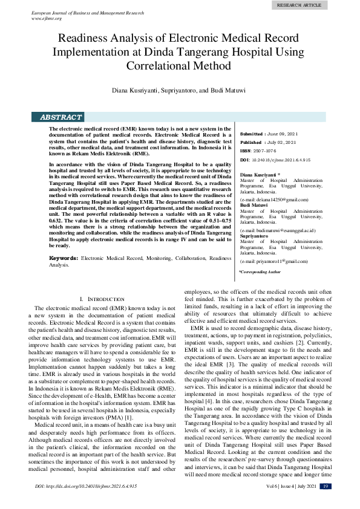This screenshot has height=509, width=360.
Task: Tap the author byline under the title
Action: tap(179, 90)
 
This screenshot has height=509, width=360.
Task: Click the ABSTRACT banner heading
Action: tap(61, 117)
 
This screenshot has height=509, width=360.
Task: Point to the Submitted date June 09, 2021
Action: tap(283, 134)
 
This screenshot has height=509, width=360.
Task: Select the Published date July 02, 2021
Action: tap(282, 142)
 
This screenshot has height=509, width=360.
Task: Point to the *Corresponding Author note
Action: tap(260, 273)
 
